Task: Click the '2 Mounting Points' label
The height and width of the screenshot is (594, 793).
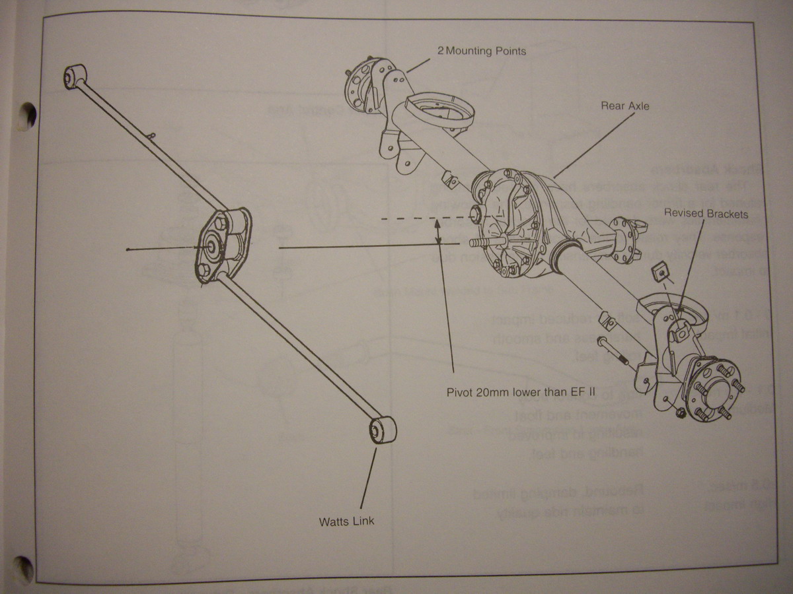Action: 482,51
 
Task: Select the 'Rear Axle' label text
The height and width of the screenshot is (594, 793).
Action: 624,106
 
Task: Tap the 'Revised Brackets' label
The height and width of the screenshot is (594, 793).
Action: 706,213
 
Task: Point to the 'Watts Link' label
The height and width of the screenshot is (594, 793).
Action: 346,521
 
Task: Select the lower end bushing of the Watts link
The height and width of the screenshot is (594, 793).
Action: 380,430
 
